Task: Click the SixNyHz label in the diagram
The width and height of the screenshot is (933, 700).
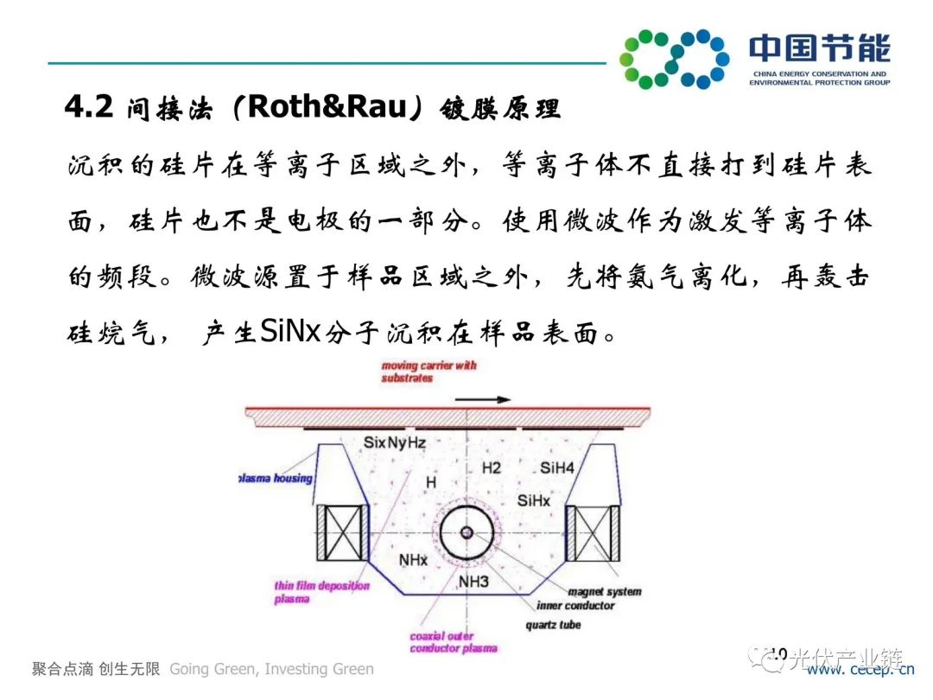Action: point(395,442)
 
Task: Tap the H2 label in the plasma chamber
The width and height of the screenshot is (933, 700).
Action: point(491,468)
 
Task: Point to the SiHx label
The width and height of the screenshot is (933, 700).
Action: point(533,500)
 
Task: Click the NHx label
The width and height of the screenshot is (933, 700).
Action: point(413,560)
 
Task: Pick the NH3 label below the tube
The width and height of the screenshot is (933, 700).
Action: point(473,582)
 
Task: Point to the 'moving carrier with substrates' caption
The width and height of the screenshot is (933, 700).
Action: point(428,372)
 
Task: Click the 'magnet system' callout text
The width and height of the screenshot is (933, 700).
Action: point(604,592)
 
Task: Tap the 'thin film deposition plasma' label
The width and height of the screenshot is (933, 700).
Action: point(321,592)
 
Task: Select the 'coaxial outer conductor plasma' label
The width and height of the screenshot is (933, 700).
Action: point(454,642)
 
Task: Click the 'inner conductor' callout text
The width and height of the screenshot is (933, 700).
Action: point(574,606)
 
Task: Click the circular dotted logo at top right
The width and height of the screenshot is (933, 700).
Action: point(675,59)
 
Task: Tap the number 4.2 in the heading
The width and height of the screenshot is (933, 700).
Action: point(89,107)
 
